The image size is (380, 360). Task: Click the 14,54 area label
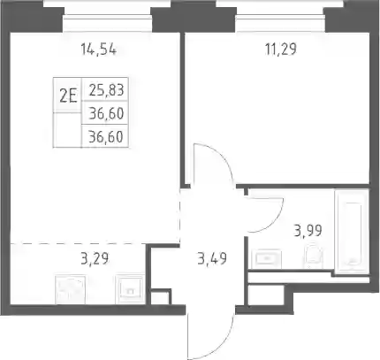(99, 50)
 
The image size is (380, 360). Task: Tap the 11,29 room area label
(281, 49)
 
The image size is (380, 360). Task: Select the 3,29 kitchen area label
(95, 258)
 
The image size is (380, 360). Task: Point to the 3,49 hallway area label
(212, 259)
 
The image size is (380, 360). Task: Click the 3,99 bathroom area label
(308, 231)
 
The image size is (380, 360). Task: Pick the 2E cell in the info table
(68, 96)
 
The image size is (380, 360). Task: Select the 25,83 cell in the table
(106, 89)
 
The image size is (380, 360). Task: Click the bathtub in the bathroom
(352, 233)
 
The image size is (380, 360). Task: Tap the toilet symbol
(314, 254)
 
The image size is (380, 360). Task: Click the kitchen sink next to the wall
(129, 289)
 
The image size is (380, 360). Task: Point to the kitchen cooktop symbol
(71, 289)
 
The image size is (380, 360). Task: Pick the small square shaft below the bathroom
(265, 295)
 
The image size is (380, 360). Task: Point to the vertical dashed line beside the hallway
(179, 216)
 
